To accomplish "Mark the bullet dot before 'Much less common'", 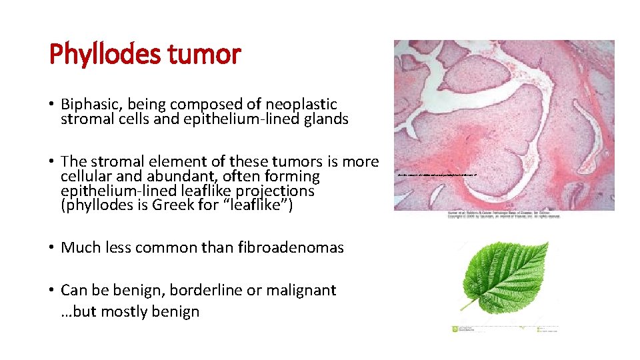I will tap(52, 248).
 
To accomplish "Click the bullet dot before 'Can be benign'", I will tap(52, 291).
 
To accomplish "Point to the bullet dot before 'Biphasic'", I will tap(52, 105).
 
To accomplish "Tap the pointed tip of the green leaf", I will tap(547, 243).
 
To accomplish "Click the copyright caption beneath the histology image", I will tap(504, 215).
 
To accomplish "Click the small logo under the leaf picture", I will tap(456, 329).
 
